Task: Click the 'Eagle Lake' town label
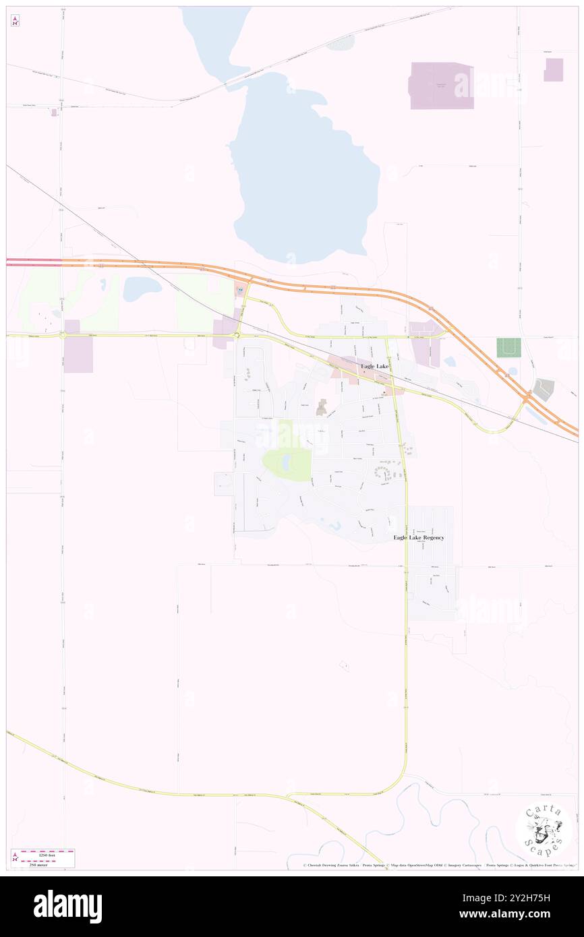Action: point(374,366)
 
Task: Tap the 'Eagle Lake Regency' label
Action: point(419,537)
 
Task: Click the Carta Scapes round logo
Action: point(544,828)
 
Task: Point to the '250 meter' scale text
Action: point(46,864)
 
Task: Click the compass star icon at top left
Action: point(15,21)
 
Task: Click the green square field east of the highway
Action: point(508,348)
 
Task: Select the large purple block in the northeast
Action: point(441,86)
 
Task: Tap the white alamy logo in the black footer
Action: point(67,907)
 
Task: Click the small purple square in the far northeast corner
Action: point(554,70)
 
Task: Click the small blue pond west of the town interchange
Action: point(142,289)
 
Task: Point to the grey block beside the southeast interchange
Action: point(544,388)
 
